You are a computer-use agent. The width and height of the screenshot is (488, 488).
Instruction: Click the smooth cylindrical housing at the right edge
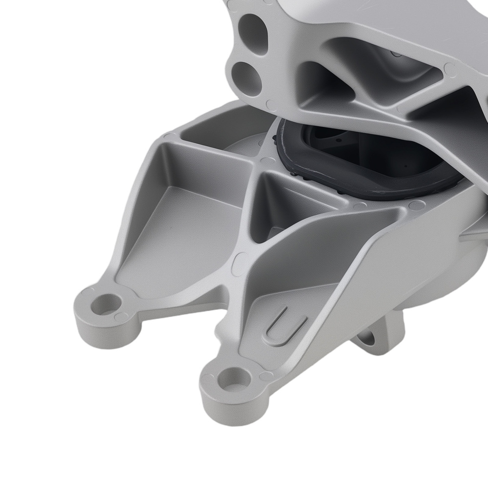click(454, 273)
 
